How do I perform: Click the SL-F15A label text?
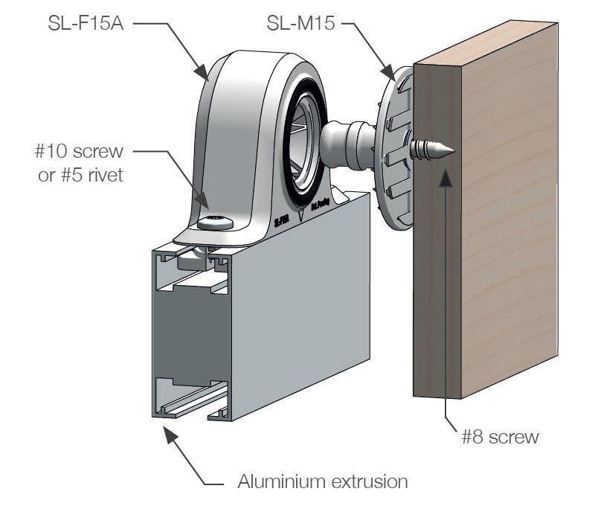[81, 25]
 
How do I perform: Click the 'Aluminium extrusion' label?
[323, 481]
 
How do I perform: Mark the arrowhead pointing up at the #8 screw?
[446, 176]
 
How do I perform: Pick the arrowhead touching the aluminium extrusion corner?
[168, 432]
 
